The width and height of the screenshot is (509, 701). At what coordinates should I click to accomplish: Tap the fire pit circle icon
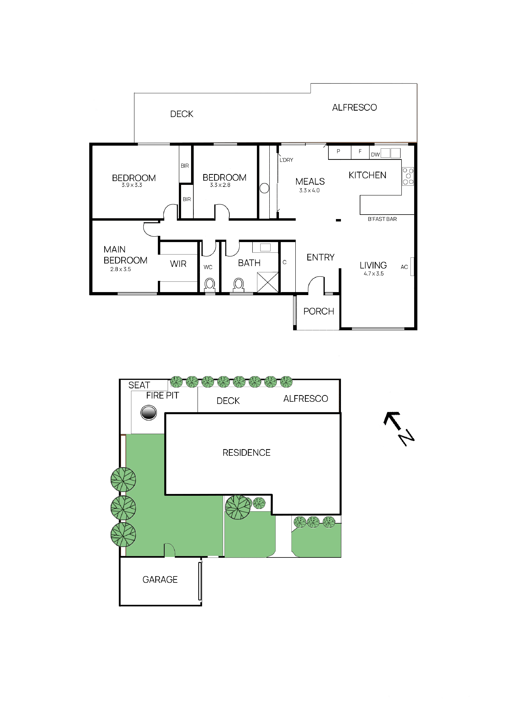[149, 413]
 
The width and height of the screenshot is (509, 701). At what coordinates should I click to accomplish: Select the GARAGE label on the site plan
[160, 580]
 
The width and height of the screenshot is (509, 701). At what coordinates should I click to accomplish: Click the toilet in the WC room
[210, 284]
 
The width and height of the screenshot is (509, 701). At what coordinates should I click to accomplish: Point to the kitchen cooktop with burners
[408, 176]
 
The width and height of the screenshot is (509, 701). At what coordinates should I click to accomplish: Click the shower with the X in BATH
[268, 282]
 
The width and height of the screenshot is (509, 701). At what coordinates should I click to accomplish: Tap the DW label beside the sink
[375, 154]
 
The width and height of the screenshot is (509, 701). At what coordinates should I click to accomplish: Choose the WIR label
[178, 264]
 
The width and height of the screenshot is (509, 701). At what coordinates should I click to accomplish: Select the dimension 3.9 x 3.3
[132, 185]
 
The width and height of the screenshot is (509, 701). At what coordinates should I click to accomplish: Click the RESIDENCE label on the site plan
[246, 453]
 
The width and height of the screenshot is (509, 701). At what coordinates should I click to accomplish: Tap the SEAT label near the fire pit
[139, 385]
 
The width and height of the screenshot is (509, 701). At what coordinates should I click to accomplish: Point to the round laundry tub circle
[264, 188]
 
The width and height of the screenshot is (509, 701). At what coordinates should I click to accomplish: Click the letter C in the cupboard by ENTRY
[284, 262]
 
